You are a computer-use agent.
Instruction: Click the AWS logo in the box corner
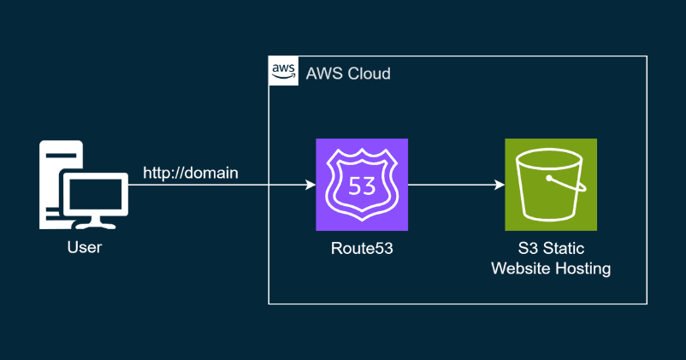tap(283, 72)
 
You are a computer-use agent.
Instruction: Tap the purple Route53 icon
tap(362, 185)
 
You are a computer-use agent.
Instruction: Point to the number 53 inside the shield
tap(362, 186)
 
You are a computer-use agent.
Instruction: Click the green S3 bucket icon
tap(551, 185)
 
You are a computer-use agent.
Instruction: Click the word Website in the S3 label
tap(522, 269)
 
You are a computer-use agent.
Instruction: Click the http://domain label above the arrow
tap(190, 174)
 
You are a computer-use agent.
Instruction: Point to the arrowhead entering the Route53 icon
tap(310, 185)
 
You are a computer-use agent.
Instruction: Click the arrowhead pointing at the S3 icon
tap(499, 185)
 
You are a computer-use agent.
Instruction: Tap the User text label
tap(85, 249)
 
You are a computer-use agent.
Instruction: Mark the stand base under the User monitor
tap(94, 225)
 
